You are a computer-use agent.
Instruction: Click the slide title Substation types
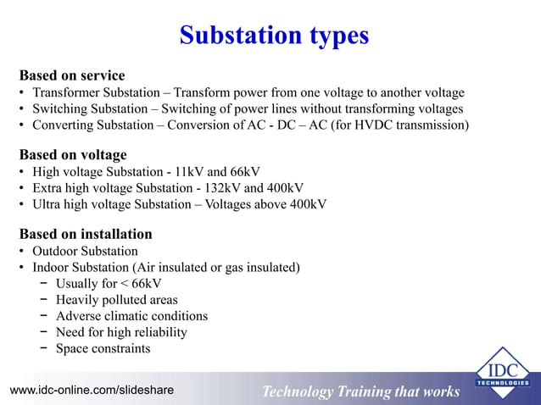(274, 36)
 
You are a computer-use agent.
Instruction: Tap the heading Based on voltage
(73, 154)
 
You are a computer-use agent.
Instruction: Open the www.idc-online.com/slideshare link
(92, 390)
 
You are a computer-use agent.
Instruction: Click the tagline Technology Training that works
(360, 391)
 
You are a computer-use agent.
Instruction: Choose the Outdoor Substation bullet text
(85, 252)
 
